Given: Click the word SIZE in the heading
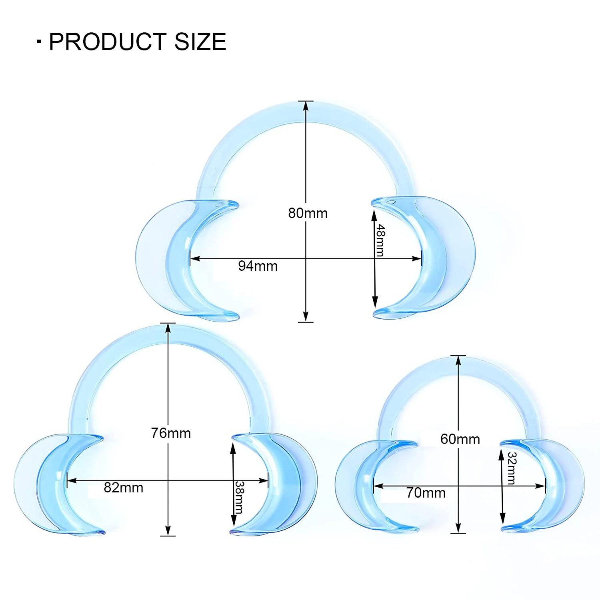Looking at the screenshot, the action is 200,42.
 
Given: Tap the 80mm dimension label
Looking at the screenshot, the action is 308,213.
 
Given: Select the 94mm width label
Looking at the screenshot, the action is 258,266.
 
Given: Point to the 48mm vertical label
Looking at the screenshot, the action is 380,240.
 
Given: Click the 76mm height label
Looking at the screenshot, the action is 171,433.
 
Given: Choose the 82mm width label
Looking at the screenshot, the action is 123,488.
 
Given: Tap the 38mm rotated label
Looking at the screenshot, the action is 239,497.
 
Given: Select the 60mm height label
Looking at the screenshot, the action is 460,439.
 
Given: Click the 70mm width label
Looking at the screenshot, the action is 426,493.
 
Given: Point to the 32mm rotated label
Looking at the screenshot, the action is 512,468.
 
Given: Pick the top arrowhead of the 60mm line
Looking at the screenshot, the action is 458,360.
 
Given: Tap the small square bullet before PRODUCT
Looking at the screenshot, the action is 39,42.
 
